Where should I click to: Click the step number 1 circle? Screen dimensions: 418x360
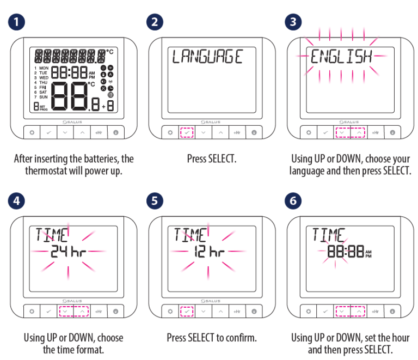click(x=16, y=22)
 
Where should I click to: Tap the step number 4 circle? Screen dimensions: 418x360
click(x=16, y=201)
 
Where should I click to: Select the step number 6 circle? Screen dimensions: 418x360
click(x=293, y=201)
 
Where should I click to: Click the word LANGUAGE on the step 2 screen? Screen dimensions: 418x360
click(x=207, y=57)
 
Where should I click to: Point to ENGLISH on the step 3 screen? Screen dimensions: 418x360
click(x=341, y=57)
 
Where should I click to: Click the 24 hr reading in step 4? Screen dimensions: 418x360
click(x=68, y=251)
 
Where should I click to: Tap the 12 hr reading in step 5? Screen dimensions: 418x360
click(x=209, y=251)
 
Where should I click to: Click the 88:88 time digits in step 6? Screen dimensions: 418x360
click(x=346, y=251)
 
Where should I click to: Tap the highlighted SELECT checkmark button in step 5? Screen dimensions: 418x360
click(x=187, y=311)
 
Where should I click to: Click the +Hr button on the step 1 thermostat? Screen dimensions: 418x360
click(x=99, y=132)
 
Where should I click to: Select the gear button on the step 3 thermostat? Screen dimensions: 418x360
click(x=309, y=132)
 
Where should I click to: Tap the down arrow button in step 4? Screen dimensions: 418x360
click(x=65, y=311)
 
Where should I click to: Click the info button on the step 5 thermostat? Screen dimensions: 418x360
click(x=254, y=311)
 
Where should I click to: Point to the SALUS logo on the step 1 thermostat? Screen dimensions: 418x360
click(x=72, y=122)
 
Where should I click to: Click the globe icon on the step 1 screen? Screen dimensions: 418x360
click(x=110, y=95)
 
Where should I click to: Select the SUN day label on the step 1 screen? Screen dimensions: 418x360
click(x=44, y=97)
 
